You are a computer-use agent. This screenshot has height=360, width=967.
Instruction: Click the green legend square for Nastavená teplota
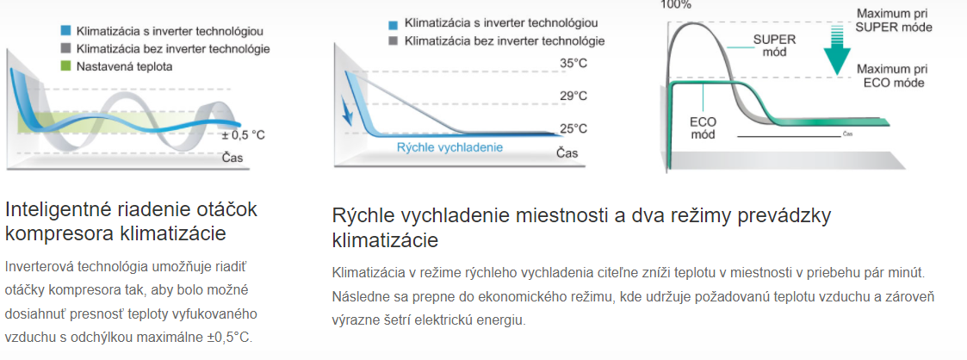tap(66, 66)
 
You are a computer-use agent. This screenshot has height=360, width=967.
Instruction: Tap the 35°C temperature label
tap(573, 64)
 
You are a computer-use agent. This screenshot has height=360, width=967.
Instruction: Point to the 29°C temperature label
tap(573, 96)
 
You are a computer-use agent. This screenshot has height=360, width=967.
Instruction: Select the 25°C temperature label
tap(573, 129)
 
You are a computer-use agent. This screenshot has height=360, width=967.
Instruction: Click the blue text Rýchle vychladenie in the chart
tap(449, 147)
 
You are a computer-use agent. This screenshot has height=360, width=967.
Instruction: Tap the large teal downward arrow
tap(836, 50)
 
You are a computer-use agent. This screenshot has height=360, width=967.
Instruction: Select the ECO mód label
tap(703, 127)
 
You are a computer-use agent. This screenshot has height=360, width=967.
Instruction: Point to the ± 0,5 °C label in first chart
tap(245, 135)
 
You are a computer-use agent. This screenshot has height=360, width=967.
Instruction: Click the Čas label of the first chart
tap(232, 158)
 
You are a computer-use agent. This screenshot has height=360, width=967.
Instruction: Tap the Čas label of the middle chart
tap(567, 152)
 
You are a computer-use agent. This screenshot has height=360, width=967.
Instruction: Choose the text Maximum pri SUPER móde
tap(894, 21)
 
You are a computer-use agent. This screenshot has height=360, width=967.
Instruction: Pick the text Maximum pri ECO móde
tap(892, 76)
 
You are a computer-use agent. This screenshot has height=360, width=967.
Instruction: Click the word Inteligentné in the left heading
tap(59, 210)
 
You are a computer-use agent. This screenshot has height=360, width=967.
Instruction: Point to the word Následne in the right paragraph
tap(356, 296)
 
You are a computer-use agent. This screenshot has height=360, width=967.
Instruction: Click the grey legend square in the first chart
tap(66, 48)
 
